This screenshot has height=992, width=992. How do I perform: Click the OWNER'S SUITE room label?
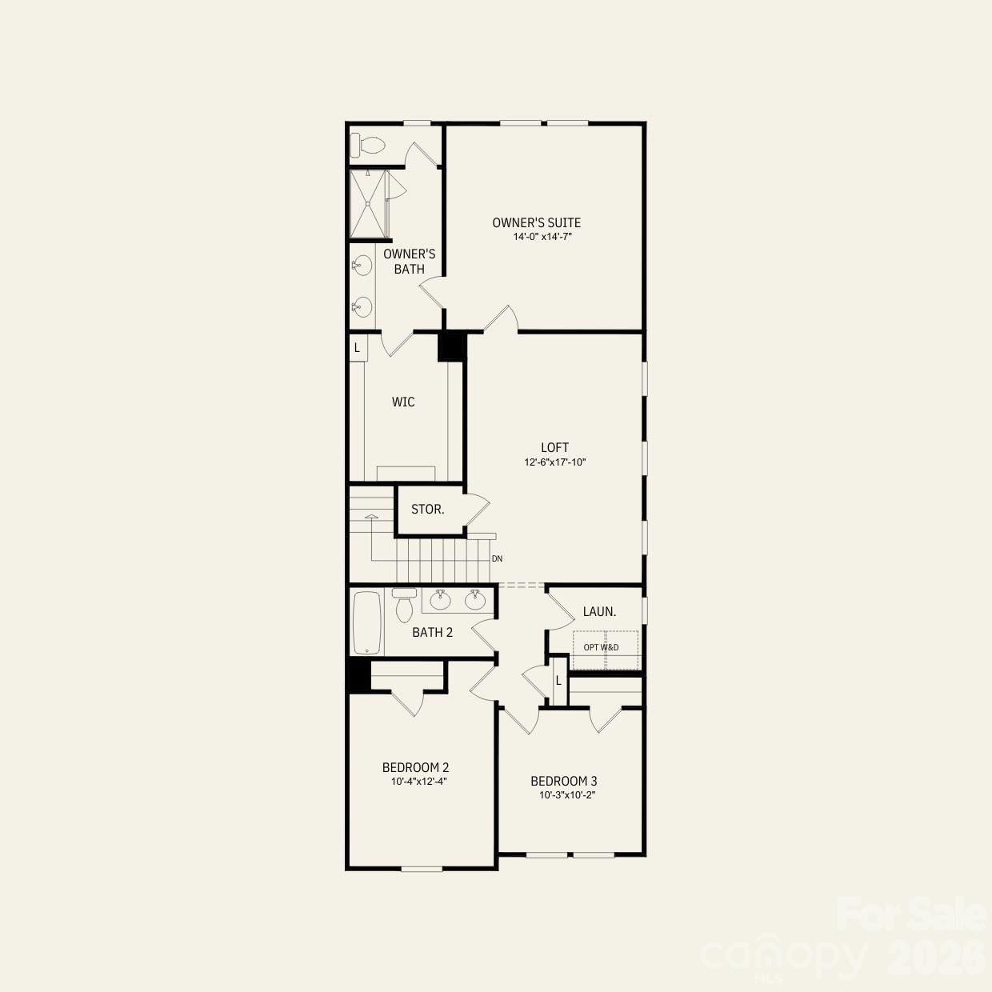click(x=536, y=222)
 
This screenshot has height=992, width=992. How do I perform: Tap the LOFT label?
click(x=554, y=448)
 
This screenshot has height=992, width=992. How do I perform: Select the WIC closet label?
click(x=403, y=402)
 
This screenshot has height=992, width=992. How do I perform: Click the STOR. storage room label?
click(x=428, y=510)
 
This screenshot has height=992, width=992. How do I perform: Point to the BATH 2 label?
click(x=433, y=633)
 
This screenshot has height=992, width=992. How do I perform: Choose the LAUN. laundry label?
click(x=599, y=612)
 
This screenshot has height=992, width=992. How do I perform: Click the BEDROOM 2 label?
click(x=421, y=768)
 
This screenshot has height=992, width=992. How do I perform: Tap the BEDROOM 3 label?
click(x=564, y=782)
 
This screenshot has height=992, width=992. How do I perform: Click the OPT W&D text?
click(x=601, y=647)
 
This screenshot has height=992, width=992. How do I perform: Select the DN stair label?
click(x=498, y=559)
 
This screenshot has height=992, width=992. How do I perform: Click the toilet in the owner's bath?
click(x=370, y=146)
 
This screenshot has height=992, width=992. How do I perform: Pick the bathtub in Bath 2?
click(x=368, y=622)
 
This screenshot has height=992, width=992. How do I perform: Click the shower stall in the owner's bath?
click(x=369, y=203)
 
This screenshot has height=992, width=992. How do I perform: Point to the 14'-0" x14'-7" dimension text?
click(x=543, y=237)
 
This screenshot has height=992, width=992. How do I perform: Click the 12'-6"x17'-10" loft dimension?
click(x=555, y=462)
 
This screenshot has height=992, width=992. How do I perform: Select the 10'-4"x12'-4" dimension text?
click(x=418, y=782)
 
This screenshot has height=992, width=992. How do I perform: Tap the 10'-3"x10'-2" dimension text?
click(x=568, y=795)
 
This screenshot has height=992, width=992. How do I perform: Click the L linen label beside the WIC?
click(x=357, y=348)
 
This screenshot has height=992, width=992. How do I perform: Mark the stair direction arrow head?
click(x=371, y=517)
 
